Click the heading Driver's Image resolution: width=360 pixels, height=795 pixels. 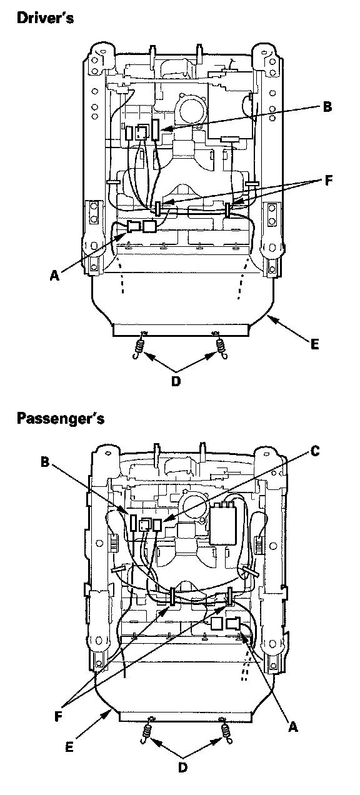[x=45, y=17]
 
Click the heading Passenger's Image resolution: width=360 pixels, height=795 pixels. [x=61, y=419]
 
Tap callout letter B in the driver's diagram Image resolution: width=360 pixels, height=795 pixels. [x=327, y=107]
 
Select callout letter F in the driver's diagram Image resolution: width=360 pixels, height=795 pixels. [x=328, y=181]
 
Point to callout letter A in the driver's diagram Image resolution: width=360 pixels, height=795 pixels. [x=54, y=275]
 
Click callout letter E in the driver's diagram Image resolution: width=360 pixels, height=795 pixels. [x=314, y=344]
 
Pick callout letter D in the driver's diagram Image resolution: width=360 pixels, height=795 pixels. [x=176, y=381]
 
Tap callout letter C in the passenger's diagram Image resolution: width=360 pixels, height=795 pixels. [x=314, y=451]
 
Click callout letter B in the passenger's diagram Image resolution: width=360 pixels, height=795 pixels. [x=45, y=462]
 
